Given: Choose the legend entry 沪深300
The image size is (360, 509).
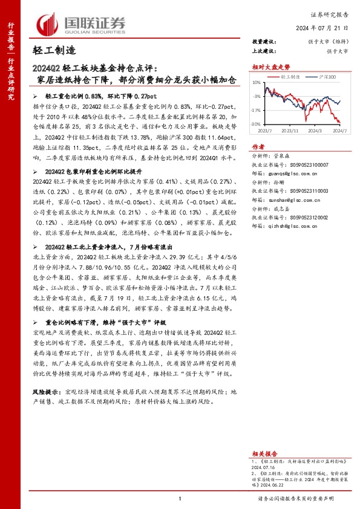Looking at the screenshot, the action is pyautogui.click(x=326, y=77).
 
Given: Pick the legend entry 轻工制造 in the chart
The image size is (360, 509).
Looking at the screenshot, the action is pyautogui.click(x=290, y=77).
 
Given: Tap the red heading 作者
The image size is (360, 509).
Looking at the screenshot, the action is pyautogui.click(x=258, y=147).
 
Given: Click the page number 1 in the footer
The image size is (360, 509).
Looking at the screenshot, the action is pyautogui.click(x=180, y=498).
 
